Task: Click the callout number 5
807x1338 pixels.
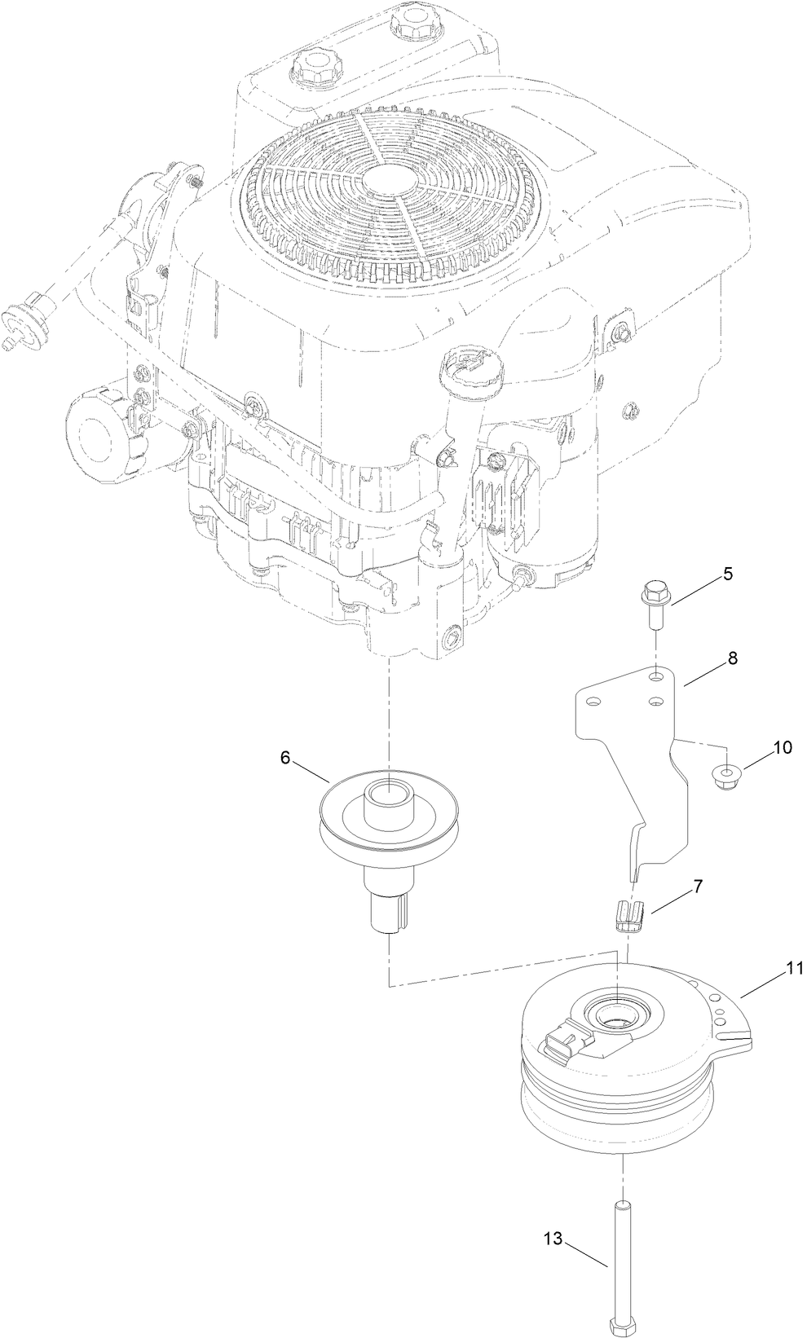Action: pos(727,574)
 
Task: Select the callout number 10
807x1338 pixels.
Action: pos(782,748)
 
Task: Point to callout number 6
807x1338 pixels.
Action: pos(285,757)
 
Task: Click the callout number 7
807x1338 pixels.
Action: pos(699,888)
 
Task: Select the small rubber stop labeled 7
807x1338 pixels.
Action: pos(628,913)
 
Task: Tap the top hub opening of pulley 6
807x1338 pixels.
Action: pos(389,790)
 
